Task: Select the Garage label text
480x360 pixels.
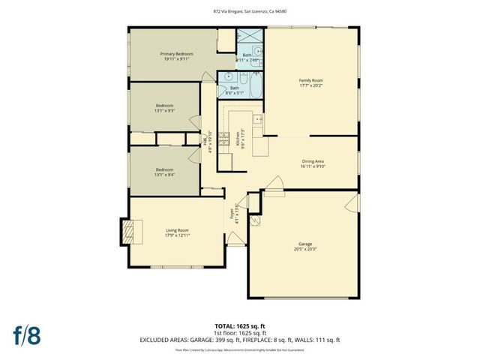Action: pyautogui.click(x=299, y=244)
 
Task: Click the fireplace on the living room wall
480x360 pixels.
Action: pyautogui.click(x=130, y=231)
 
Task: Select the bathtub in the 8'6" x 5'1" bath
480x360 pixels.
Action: pyautogui.click(x=253, y=88)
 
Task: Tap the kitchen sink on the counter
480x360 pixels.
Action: pyautogui.click(x=258, y=118)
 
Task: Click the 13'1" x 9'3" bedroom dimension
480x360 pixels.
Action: pyautogui.click(x=165, y=111)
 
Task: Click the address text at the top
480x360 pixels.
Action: pyautogui.click(x=239, y=10)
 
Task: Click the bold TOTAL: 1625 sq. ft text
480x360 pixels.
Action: pyautogui.click(x=239, y=325)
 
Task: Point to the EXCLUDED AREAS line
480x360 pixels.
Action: pyautogui.click(x=239, y=340)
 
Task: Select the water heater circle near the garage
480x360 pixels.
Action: pyautogui.click(x=255, y=201)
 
